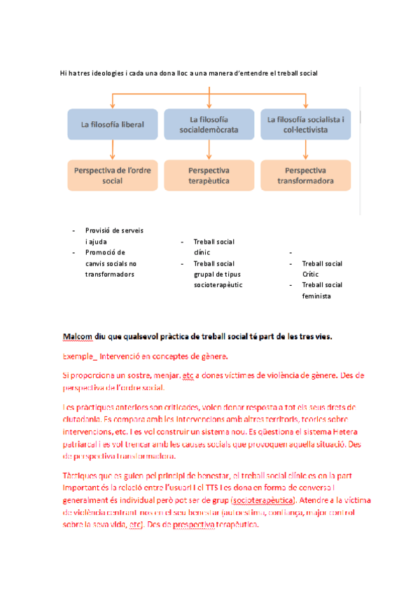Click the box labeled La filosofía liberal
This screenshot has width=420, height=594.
point(113,125)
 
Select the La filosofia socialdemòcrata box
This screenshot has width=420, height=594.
point(209,125)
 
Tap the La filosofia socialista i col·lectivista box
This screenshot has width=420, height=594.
point(306,125)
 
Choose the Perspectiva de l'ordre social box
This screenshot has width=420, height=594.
point(113,175)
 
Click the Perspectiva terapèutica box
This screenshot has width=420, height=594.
point(209,175)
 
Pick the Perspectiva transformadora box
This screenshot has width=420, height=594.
point(306,175)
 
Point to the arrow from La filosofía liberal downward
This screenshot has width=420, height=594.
point(113,149)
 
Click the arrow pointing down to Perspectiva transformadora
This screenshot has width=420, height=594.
point(306,149)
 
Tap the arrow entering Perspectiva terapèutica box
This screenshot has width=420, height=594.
point(209,149)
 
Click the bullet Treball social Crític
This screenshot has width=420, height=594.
point(322,269)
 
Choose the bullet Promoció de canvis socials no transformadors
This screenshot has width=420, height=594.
point(111,263)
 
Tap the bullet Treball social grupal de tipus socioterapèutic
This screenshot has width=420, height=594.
point(218,275)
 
